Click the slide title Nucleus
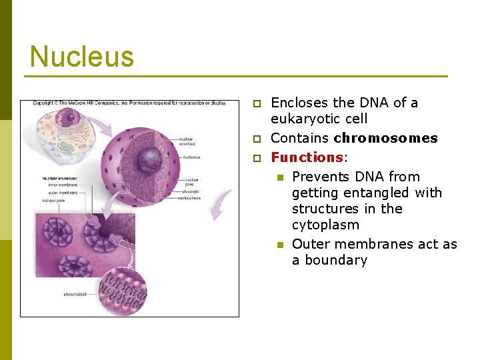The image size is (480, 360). [81, 57]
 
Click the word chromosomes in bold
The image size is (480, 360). [385, 139]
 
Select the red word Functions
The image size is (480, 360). [306, 157]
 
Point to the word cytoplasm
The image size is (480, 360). [325, 225]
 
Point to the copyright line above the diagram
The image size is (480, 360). [129, 103]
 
